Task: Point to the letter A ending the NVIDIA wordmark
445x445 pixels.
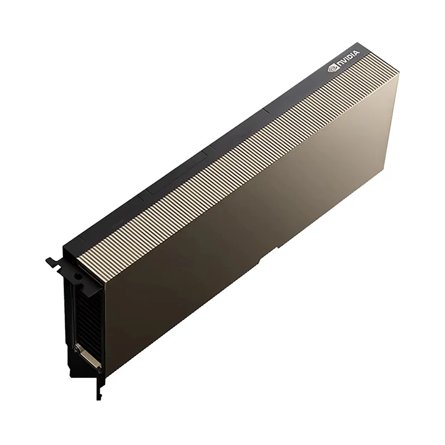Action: click(x=357, y=53)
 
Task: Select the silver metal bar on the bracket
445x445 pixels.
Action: click(x=87, y=357)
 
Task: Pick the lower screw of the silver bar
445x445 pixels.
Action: click(x=99, y=368)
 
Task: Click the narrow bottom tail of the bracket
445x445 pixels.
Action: click(x=98, y=389)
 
